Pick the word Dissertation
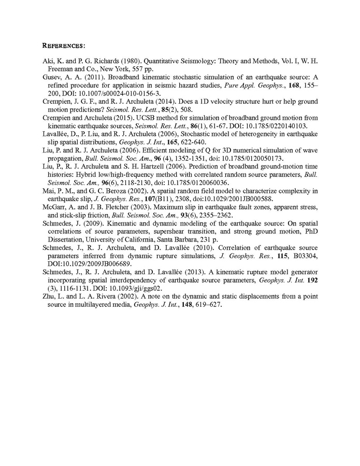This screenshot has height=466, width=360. [66, 241]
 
